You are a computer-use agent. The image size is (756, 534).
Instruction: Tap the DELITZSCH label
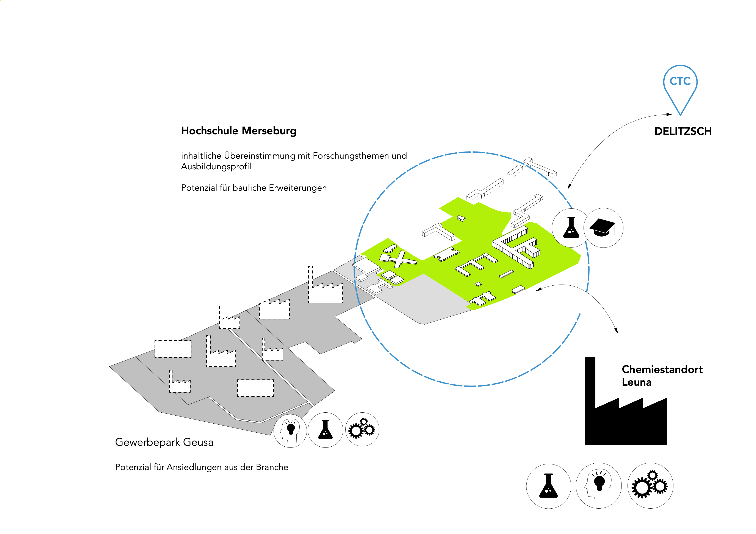(x=683, y=132)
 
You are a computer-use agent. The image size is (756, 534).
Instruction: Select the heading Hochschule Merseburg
(x=239, y=131)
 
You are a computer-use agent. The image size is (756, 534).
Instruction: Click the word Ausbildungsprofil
(x=216, y=167)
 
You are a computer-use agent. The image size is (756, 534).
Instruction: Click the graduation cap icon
(x=603, y=228)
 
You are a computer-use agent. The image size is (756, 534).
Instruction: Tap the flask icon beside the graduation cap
(x=571, y=228)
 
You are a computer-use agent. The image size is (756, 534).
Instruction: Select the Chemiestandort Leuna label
(x=662, y=376)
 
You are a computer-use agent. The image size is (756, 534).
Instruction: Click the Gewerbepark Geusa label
(x=164, y=442)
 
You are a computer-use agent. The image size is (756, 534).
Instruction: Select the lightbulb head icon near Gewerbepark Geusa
(x=290, y=430)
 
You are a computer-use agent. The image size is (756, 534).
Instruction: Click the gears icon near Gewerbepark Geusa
(x=362, y=429)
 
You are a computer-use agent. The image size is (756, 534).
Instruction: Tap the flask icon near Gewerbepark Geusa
(x=325, y=430)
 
